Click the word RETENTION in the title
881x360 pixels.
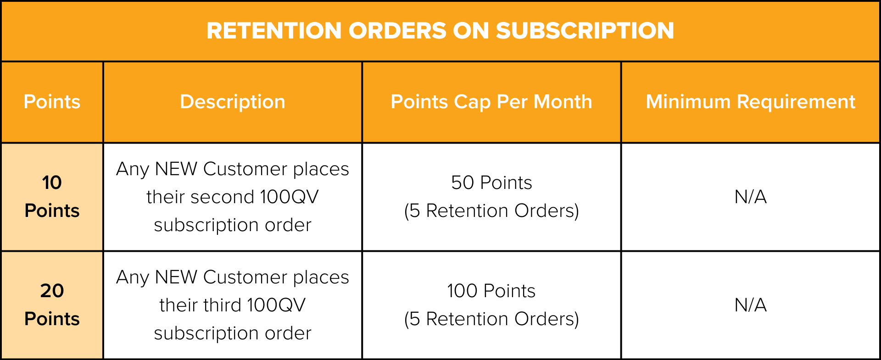[274, 31]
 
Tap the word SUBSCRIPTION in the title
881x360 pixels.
[585, 31]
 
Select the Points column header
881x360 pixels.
[52, 102]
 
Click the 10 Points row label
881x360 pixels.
[52, 196]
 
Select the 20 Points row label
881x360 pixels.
[52, 305]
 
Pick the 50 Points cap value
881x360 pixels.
[491, 183]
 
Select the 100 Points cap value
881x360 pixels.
[491, 291]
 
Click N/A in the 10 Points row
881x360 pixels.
[751, 197]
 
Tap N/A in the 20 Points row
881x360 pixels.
[751, 305]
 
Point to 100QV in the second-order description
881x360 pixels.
[289, 197]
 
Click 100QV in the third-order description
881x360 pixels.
[276, 305]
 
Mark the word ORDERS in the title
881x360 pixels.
[397, 31]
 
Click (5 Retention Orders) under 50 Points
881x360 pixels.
[491, 211]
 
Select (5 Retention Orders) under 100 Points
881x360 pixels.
[491, 319]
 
